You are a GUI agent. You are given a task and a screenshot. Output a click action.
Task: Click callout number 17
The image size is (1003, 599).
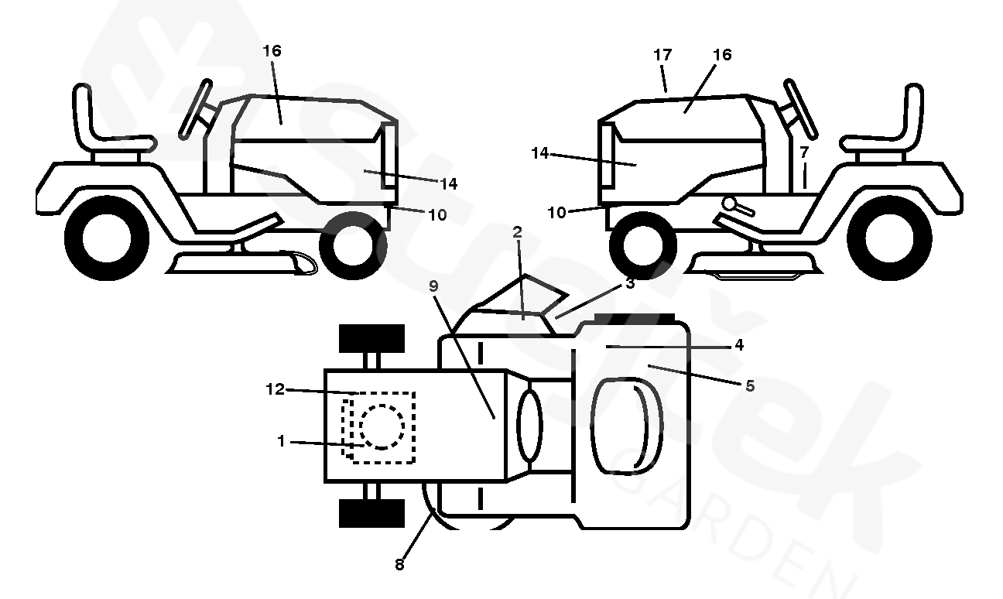662,55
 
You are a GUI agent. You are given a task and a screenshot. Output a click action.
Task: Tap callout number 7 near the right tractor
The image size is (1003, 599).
804,152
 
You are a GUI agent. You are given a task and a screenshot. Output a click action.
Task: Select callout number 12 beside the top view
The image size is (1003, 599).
276,389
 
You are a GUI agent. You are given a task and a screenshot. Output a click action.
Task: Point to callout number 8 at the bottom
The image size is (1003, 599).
399,565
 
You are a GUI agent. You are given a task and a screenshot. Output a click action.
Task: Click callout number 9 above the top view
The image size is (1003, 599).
433,286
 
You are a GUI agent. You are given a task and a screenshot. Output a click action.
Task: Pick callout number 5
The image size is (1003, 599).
750,385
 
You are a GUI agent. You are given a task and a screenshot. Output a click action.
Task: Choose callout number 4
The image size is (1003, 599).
739,344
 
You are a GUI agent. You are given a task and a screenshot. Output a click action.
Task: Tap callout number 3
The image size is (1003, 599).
630,283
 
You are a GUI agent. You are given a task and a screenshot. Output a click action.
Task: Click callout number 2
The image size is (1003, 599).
517,232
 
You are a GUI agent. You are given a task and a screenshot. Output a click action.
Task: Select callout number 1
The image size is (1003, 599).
281,441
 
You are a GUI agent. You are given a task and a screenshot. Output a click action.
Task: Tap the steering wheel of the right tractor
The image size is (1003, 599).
801,109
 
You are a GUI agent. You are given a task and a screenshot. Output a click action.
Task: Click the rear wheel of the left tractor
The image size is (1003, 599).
107,238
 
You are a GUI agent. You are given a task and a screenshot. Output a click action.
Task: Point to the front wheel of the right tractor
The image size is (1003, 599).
643,246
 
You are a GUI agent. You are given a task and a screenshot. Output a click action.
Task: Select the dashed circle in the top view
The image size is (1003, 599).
382,426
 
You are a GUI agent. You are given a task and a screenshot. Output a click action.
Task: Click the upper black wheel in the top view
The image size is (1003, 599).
371,338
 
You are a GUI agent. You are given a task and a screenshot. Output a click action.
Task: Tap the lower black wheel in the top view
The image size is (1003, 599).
371,514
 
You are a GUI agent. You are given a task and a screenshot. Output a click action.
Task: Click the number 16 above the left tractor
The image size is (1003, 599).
272,51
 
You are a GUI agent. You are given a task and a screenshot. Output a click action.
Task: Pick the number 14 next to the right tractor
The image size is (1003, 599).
540,153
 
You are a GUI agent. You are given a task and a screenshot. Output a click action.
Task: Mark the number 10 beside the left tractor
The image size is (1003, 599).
437,215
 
